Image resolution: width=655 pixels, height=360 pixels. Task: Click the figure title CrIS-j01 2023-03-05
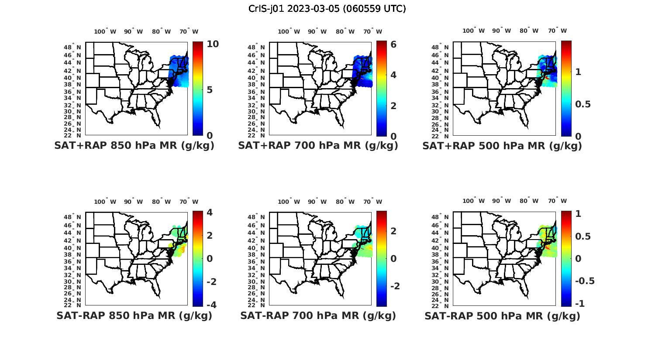click(327, 9)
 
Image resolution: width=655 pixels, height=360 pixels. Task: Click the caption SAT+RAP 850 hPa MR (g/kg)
click(134, 146)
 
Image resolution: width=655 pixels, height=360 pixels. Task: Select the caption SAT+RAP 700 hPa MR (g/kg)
click(318, 146)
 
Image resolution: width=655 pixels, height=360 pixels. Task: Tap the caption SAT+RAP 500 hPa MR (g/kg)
click(502, 146)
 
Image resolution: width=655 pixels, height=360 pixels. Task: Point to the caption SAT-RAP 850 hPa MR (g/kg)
click(134, 315)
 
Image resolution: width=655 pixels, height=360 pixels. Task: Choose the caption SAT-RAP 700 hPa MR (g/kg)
click(318, 315)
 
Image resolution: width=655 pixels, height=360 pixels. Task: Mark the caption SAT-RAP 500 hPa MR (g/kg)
click(502, 315)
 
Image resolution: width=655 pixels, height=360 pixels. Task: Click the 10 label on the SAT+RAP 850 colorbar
click(213, 44)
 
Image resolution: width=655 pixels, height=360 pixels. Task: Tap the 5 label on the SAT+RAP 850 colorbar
click(210, 90)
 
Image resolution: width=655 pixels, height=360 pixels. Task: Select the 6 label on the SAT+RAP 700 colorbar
click(393, 44)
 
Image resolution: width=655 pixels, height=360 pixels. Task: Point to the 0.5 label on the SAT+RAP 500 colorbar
click(583, 104)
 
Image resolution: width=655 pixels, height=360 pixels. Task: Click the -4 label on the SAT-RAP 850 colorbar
click(211, 305)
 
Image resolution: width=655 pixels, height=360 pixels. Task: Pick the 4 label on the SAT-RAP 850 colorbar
click(209, 213)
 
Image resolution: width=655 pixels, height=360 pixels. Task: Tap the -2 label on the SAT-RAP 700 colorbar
click(395, 286)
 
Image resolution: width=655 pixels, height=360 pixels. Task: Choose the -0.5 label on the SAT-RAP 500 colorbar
click(585, 281)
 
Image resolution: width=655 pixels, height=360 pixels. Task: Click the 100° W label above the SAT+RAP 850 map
click(105, 31)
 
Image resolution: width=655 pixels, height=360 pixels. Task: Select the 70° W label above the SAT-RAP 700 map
click(372, 202)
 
